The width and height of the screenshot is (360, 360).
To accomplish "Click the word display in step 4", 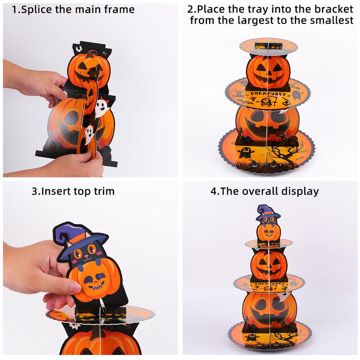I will click(x=298, y=191).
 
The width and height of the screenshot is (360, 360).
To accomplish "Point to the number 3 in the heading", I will click(x=34, y=191).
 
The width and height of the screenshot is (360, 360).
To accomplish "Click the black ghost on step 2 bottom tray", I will click(x=247, y=152).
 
